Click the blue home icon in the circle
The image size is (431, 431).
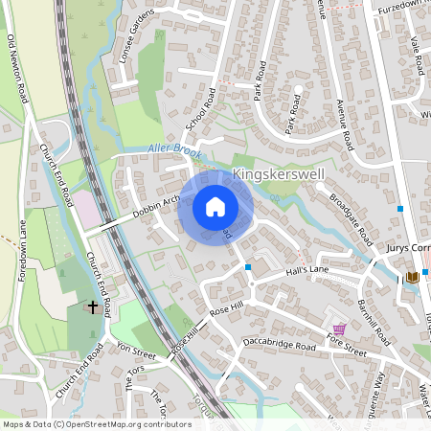pos(215,207)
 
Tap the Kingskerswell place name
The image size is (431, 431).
pos(279,176)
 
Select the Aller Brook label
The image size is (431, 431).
pos(175,148)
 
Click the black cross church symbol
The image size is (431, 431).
pos(93,306)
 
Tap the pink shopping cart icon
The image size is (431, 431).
pos(338,329)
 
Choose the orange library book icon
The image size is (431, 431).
pos(412,277)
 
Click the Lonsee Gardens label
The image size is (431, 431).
pos(133,37)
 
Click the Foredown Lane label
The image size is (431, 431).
pos(22,248)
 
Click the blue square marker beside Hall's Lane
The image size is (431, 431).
pos(248,267)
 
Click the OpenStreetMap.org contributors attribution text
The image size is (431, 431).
pos(123,423)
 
